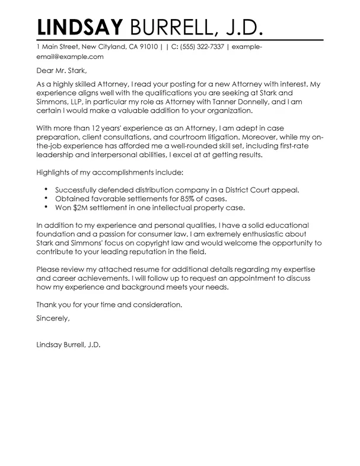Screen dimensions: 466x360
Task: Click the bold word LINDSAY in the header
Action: pos(81,27)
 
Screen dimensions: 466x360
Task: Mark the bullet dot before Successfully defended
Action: pos(46,189)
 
